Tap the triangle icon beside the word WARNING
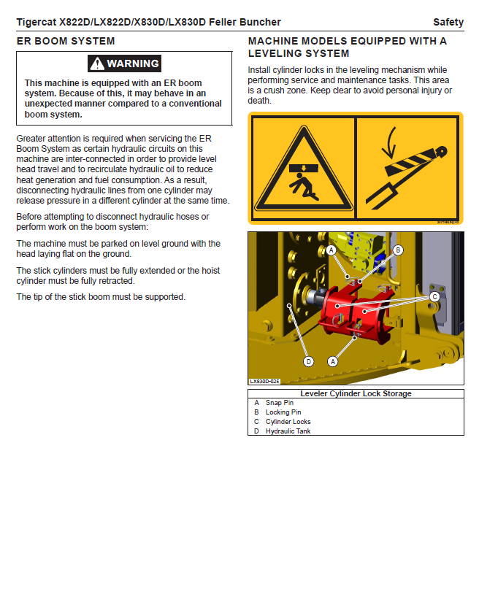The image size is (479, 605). [97, 63]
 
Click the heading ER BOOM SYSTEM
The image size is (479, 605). [66, 41]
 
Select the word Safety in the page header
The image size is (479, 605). [448, 23]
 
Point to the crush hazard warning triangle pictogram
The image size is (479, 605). [302, 169]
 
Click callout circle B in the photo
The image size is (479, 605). [398, 250]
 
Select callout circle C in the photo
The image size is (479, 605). [434, 296]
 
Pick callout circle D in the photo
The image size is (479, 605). [308, 361]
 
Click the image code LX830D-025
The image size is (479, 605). [264, 381]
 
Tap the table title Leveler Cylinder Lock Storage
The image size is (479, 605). [356, 393]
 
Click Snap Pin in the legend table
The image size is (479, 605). [280, 403]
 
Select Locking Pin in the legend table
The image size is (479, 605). [283, 412]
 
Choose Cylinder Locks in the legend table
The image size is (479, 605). [288, 422]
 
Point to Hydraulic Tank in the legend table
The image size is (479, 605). [288, 431]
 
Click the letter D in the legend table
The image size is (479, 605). [256, 431]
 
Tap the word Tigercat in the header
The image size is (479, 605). [37, 23]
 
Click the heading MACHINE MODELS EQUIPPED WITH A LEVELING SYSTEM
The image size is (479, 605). [348, 47]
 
